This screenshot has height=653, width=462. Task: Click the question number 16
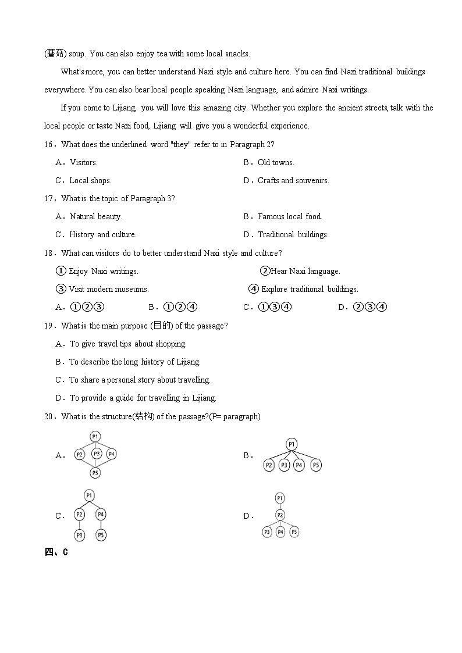point(49,145)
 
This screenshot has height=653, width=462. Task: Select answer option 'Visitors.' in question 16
point(83,163)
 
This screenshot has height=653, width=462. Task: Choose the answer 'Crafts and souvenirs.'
point(293,181)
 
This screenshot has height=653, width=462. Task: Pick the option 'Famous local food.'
point(290,217)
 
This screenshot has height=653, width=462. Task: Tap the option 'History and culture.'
point(102,235)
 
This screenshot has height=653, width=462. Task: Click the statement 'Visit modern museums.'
point(108,290)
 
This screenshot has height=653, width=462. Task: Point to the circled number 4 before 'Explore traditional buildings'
point(254,289)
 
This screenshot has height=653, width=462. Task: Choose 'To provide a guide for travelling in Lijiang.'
point(143,398)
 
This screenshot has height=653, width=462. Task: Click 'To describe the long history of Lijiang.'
point(134,362)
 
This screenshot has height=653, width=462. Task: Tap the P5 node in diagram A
point(95,473)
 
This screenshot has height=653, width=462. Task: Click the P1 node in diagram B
point(292,445)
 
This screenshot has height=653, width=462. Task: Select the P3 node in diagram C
point(80,534)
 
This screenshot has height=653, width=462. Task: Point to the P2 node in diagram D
point(280,515)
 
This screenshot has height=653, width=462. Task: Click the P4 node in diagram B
point(299,465)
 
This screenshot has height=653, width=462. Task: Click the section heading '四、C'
point(56,552)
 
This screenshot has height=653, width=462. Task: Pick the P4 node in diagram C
point(101,514)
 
